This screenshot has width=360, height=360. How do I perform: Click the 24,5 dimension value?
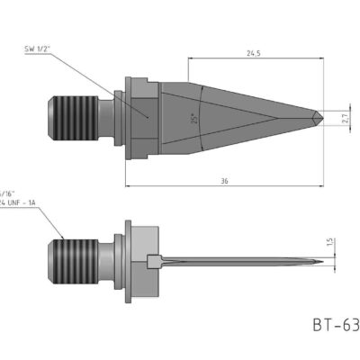pos(255,52)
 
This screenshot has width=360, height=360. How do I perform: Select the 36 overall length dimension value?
pos(223,180)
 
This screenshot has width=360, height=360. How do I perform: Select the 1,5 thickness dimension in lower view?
pos(331,241)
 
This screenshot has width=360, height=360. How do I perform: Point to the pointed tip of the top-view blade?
pos(321,117)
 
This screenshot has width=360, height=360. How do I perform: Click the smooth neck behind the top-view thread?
pos(105,116)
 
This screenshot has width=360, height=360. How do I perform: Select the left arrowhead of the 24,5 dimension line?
pos(192,58)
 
